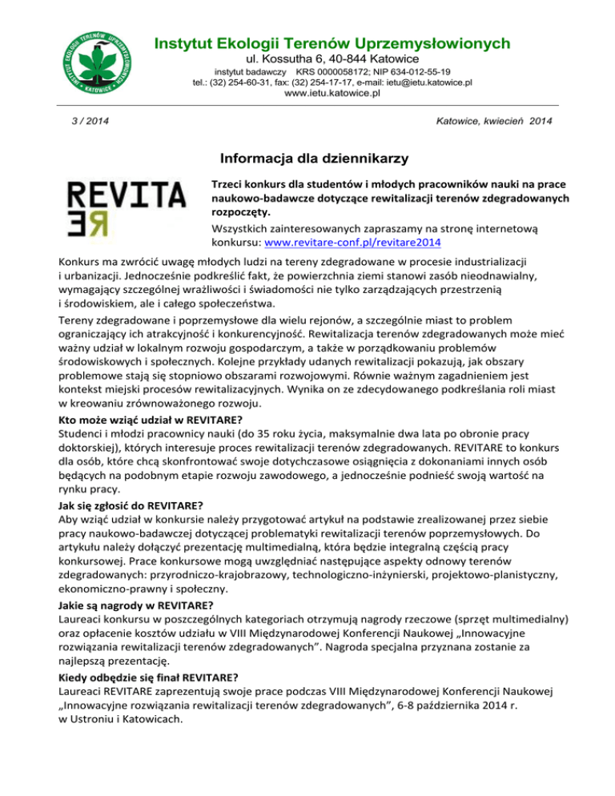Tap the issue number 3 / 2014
pos(88,120)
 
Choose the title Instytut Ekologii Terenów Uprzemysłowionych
pos(332,42)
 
